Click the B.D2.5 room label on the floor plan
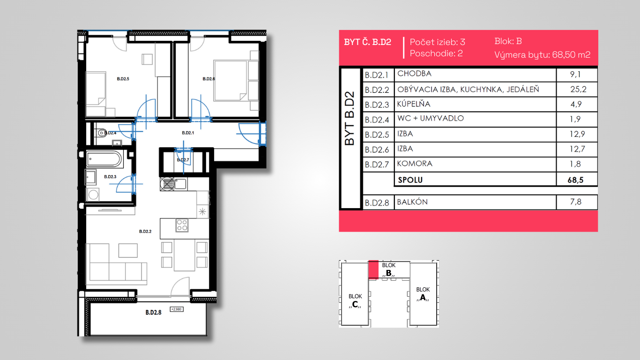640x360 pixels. click(x=123, y=79)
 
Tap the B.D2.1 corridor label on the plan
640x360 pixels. click(x=188, y=133)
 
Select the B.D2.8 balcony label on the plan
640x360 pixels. click(x=153, y=312)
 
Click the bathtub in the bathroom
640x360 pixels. click(x=104, y=159)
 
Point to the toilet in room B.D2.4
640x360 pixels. click(x=101, y=133)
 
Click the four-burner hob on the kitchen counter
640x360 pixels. click(x=182, y=225)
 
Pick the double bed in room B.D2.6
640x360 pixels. click(x=231, y=81)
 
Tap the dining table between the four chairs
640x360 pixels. click(x=185, y=255)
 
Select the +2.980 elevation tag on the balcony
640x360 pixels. click(x=177, y=309)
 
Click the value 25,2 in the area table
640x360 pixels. click(x=578, y=89)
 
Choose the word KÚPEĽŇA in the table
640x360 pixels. click(x=413, y=104)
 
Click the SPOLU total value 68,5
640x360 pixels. click(x=575, y=180)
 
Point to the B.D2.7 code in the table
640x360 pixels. click(x=377, y=165)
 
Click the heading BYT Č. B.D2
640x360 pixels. click(x=367, y=42)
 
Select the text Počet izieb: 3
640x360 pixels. click(x=438, y=42)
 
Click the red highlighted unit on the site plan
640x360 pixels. click(x=373, y=269)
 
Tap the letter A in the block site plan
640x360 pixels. click(x=423, y=297)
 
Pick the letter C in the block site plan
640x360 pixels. click(x=355, y=304)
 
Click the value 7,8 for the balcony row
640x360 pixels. click(x=576, y=202)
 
